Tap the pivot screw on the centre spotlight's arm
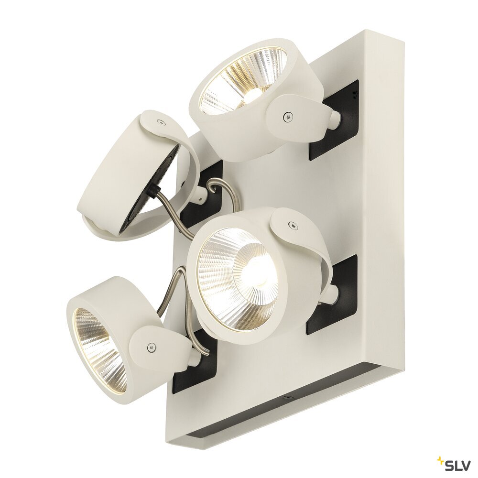(293, 225)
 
